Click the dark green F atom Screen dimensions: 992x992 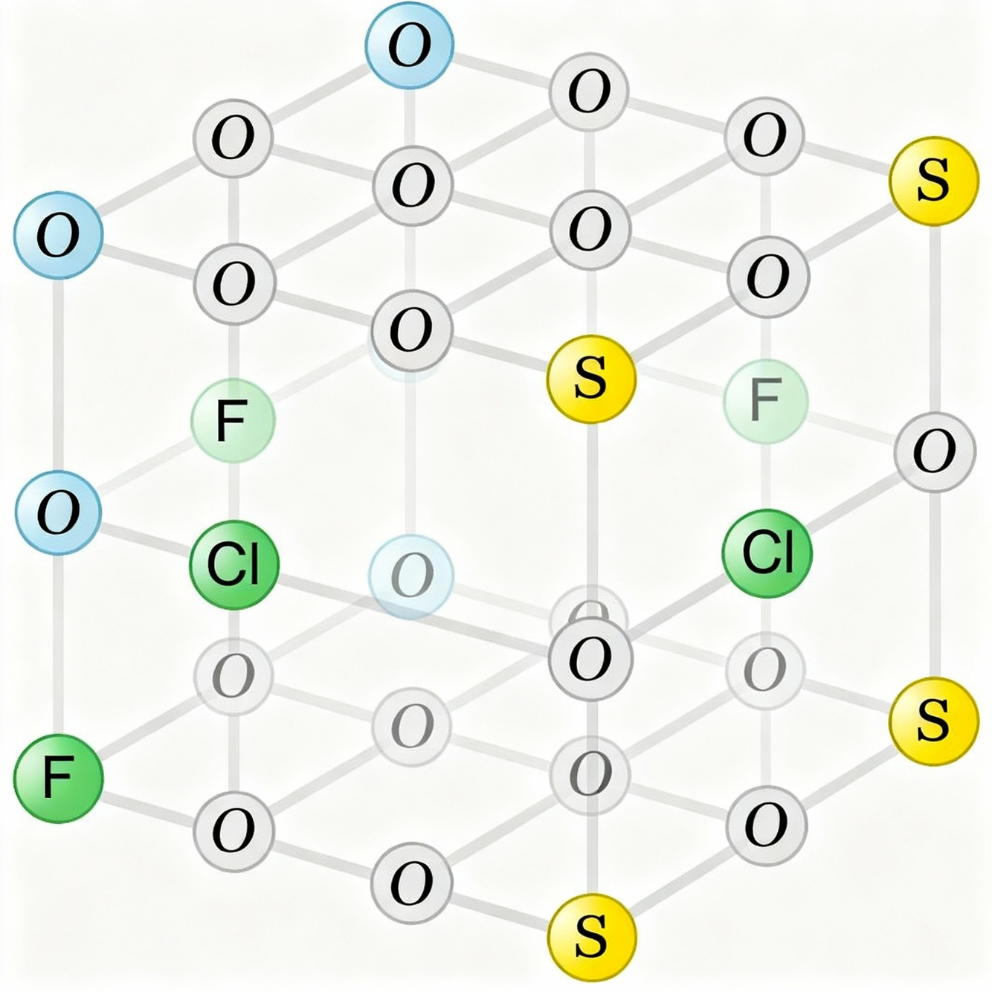[58, 777]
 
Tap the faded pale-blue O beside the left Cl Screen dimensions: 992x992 [410, 576]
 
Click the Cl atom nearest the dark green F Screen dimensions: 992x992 [234, 564]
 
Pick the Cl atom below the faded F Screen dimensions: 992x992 [767, 553]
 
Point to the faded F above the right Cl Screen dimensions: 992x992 [765, 401]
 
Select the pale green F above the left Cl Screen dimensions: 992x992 [233, 420]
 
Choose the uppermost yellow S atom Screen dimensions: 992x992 [933, 181]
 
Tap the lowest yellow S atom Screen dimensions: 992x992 [591, 937]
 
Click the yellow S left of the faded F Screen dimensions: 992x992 [591, 379]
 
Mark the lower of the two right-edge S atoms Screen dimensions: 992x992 [933, 720]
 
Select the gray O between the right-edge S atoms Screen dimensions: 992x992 [934, 452]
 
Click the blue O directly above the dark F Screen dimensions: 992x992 [58, 513]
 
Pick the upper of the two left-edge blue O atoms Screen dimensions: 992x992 [57, 236]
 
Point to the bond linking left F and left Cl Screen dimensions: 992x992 [233, 491]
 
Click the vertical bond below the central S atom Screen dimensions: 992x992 [592, 506]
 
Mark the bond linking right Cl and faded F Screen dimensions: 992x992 [767, 476]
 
